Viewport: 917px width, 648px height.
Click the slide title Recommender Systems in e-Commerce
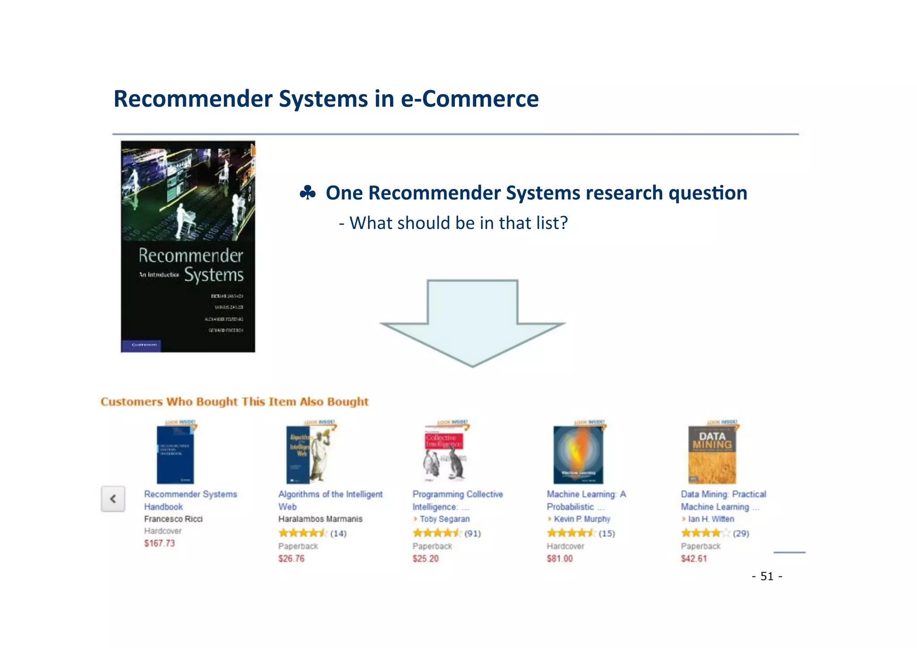pyautogui.click(x=326, y=99)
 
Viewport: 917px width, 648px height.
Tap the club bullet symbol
pyautogui.click(x=308, y=193)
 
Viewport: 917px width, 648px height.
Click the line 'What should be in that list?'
pyautogui.click(x=453, y=223)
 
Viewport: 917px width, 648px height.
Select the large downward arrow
pyautogui.click(x=472, y=322)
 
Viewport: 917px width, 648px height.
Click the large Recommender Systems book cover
pyautogui.click(x=188, y=246)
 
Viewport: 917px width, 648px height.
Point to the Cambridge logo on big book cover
pyautogui.click(x=141, y=345)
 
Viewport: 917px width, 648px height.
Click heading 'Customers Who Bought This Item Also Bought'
pyautogui.click(x=234, y=402)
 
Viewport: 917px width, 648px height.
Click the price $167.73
pyautogui.click(x=159, y=543)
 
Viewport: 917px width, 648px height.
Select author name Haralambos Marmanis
pyautogui.click(x=320, y=519)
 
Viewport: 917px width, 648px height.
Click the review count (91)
pyautogui.click(x=472, y=533)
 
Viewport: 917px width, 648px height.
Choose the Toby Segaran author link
pyautogui.click(x=444, y=519)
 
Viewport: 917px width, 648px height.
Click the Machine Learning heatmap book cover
pyautogui.click(x=578, y=454)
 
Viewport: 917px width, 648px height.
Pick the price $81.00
pyautogui.click(x=559, y=558)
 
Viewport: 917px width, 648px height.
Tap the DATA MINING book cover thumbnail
pyautogui.click(x=712, y=454)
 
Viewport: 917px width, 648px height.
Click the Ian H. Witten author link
pyautogui.click(x=711, y=519)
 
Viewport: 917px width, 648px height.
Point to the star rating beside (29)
pyautogui.click(x=705, y=533)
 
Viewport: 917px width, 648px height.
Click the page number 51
pyautogui.click(x=767, y=576)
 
